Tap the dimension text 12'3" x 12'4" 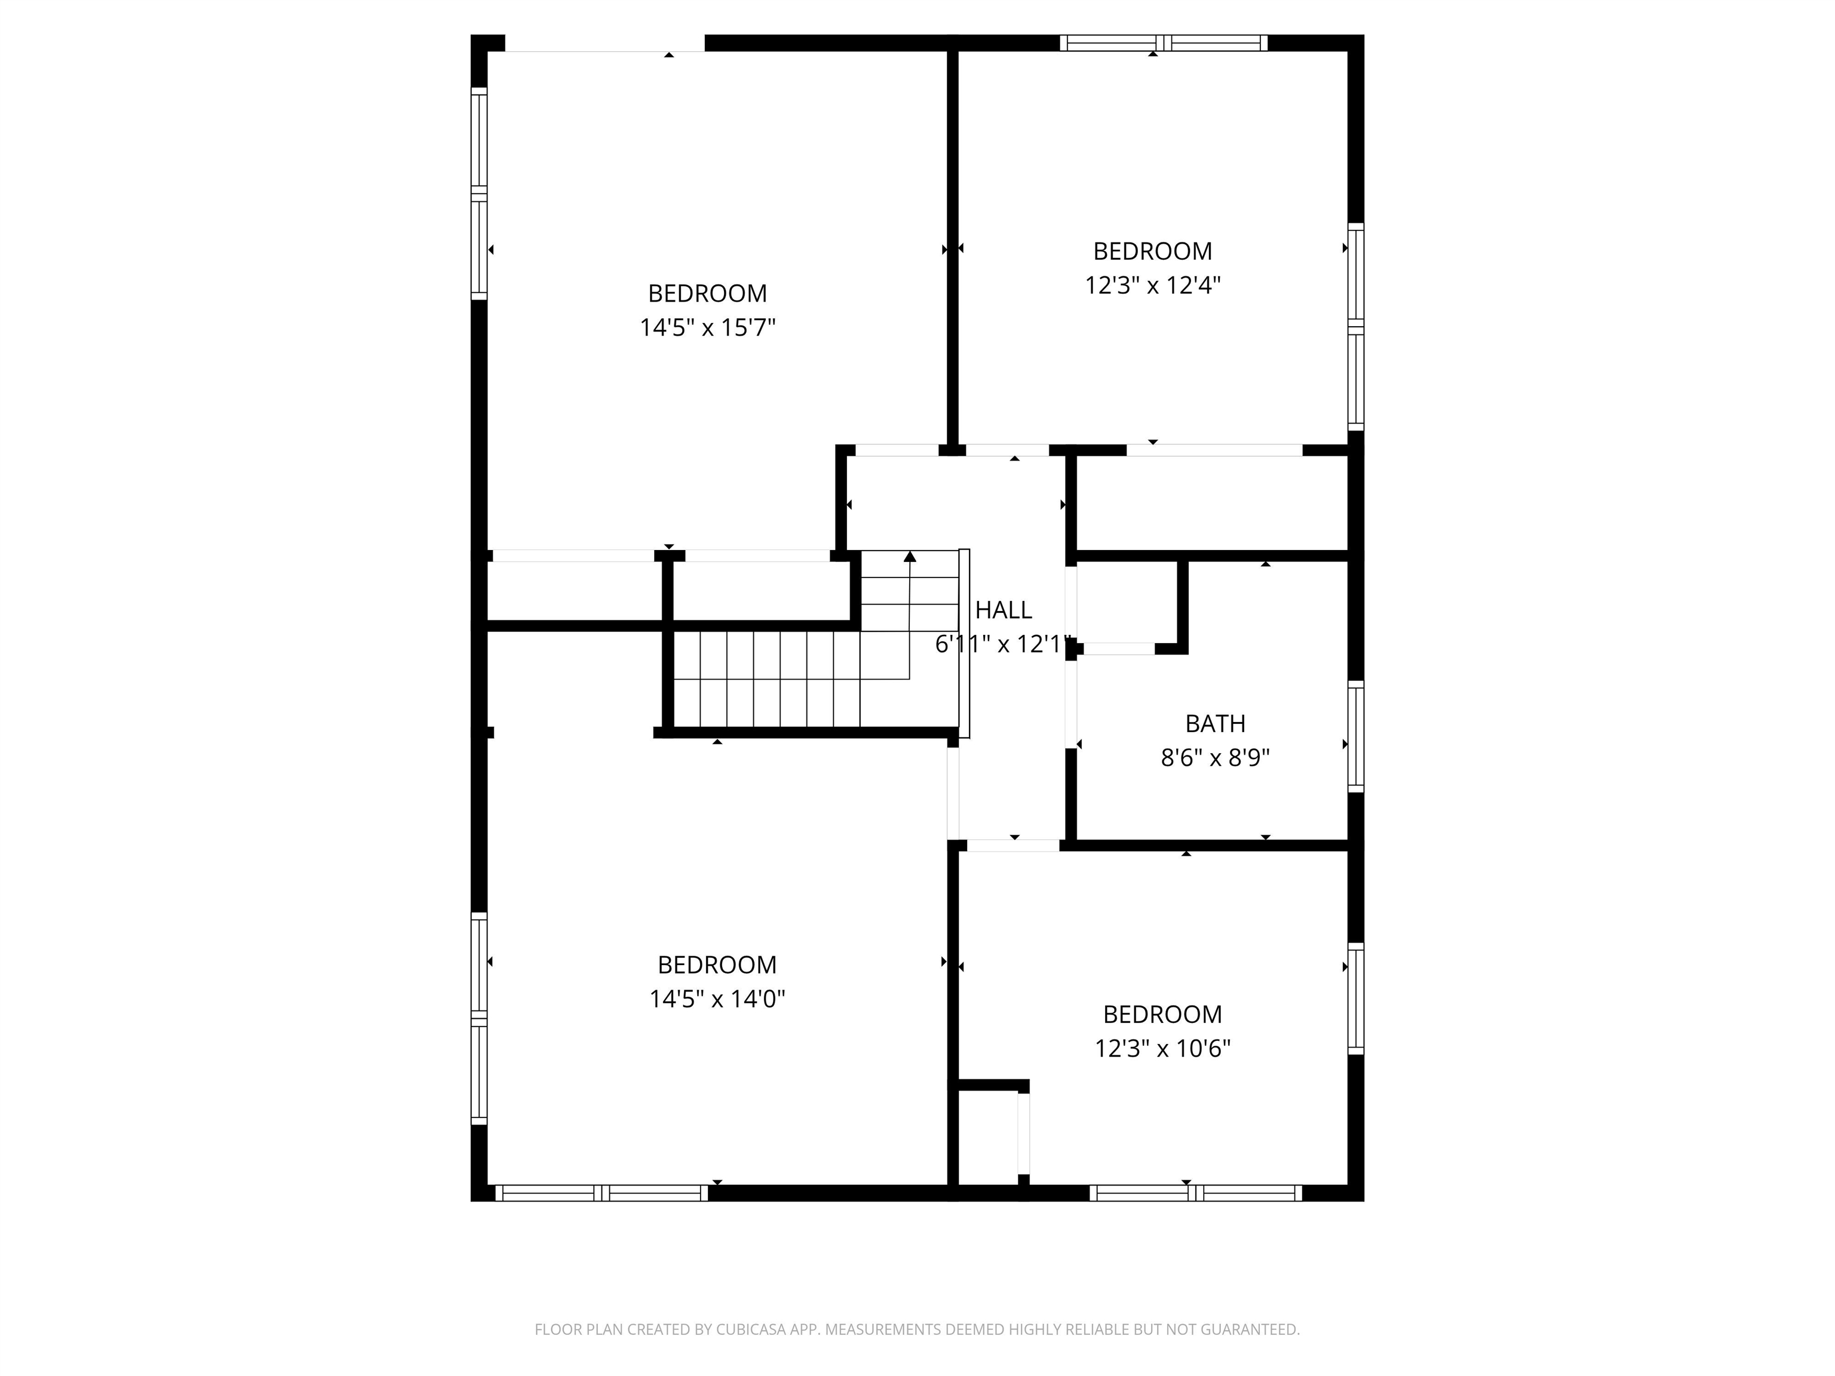tap(1152, 285)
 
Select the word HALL tap(1003, 610)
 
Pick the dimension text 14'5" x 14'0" tap(717, 999)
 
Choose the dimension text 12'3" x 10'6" tap(1162, 1048)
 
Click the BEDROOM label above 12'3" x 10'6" tap(1162, 1013)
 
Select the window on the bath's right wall tap(1355, 736)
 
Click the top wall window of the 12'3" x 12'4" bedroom tap(1163, 43)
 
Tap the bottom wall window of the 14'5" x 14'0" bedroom tap(602, 1193)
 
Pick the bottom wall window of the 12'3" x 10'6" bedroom tap(1195, 1193)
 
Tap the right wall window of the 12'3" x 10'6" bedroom tap(1355, 999)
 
